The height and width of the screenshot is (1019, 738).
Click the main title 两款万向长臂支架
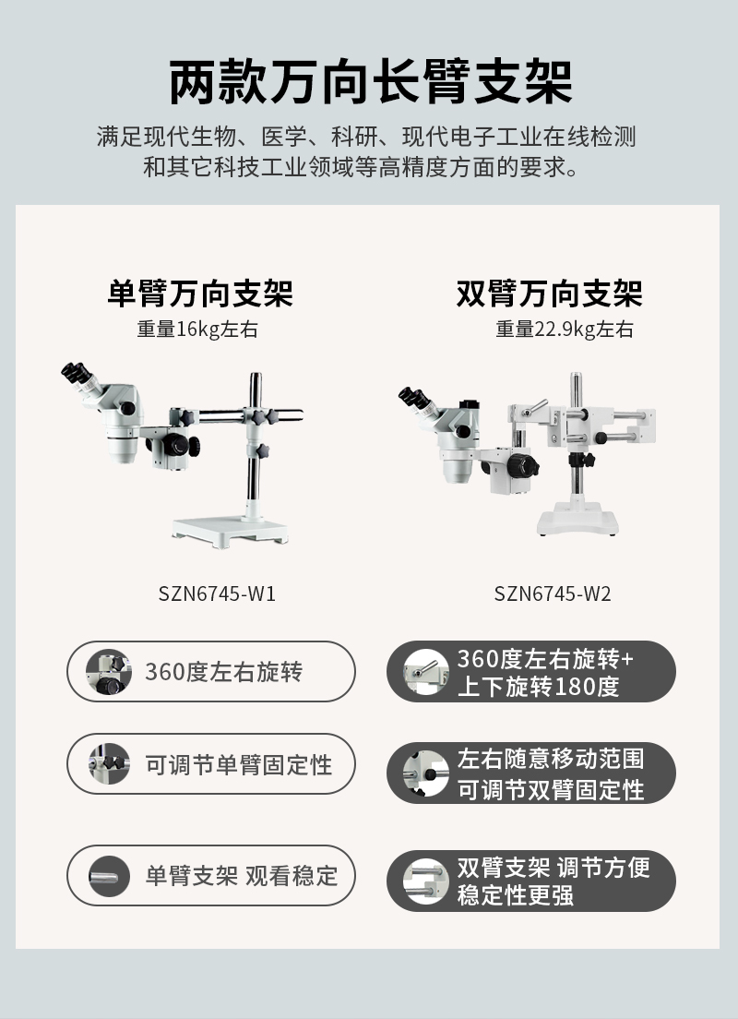pos(370,82)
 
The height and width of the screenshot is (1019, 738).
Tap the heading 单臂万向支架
pos(200,294)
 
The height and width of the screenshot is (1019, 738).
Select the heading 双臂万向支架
pos(550,294)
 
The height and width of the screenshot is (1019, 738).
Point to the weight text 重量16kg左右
pos(197,330)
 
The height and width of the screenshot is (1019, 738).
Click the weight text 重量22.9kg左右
pos(565,330)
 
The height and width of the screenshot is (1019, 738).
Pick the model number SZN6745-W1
pos(217,593)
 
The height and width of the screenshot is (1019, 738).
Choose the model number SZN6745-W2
pos(553,593)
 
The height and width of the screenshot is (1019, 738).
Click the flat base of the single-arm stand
pos(230,531)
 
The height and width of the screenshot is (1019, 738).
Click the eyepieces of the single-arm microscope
pos(77,372)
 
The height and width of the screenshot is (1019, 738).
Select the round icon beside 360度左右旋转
pos(109,671)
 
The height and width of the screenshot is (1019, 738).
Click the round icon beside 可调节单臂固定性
pos(109,763)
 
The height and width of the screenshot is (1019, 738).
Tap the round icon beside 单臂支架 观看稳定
pos(109,877)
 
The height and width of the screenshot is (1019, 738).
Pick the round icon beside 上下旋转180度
pos(425,671)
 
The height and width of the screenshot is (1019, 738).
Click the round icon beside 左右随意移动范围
pos(425,773)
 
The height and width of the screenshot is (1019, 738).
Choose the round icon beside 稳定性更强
pos(425,881)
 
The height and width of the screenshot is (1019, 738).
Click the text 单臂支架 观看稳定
pos(242,876)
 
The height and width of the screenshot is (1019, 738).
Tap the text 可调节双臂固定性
pos(551,789)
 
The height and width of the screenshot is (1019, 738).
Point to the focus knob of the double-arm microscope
pos(522,465)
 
